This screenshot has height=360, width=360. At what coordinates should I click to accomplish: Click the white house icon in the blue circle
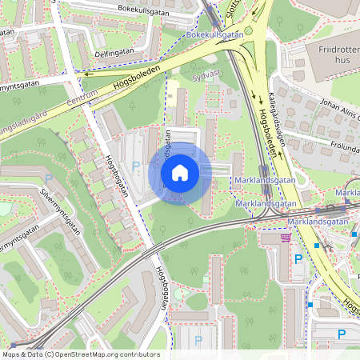click(180, 172)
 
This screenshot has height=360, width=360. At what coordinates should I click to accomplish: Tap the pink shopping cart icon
click(286, 237)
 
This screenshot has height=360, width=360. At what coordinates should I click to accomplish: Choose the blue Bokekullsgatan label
click(214, 35)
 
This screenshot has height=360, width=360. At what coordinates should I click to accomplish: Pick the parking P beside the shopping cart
click(299, 258)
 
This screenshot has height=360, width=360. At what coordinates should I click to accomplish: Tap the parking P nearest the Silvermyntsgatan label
click(49, 179)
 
